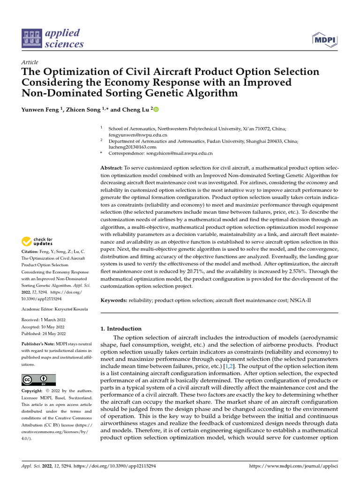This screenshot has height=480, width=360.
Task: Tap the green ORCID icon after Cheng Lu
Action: (156, 109)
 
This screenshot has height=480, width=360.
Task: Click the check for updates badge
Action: (38, 242)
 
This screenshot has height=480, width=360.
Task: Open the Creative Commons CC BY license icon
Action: (38, 380)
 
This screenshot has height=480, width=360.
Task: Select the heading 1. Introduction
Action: (121, 329)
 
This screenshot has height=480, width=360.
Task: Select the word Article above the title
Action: (30, 62)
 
